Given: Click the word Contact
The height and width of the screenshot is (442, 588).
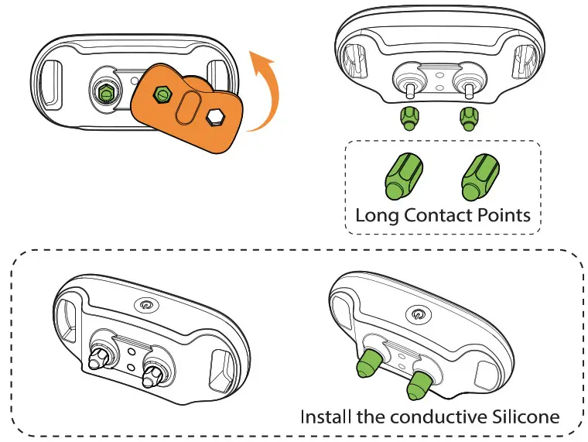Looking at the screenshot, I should point(442,214).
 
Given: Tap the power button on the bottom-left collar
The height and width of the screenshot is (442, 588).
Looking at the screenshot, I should point(145,303).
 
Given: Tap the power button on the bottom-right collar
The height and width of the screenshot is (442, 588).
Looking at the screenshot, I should point(419,314).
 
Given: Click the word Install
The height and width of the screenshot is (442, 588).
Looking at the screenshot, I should point(323,416).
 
